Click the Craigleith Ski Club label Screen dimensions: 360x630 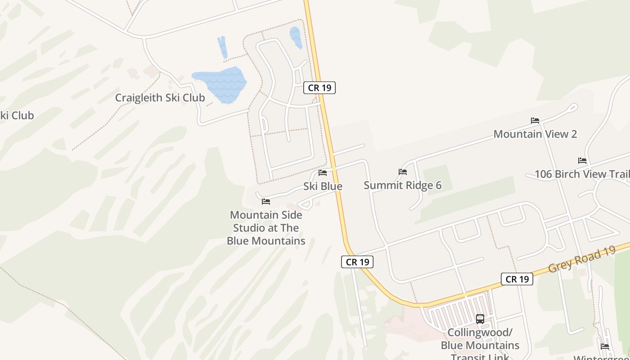click(160, 98)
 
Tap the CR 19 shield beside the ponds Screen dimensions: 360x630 click(319, 88)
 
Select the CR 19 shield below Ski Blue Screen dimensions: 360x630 click(357, 261)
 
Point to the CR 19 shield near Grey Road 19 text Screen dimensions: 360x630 click(517, 279)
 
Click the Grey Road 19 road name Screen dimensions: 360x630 click(581, 260)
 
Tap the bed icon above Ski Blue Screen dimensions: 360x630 click(323, 173)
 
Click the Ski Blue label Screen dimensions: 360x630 click(323, 186)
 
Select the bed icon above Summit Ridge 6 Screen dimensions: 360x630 click(403, 172)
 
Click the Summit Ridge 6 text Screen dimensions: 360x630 click(402, 185)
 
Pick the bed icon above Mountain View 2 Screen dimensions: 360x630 click(535, 121)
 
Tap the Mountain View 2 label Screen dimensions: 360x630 click(535, 134)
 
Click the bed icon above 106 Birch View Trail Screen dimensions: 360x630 click(582, 161)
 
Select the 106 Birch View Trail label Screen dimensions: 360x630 click(581, 174)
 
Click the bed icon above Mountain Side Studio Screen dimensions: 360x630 click(266, 202)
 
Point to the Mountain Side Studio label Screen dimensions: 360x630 click(266, 228)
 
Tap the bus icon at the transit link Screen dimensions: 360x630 click(480, 319)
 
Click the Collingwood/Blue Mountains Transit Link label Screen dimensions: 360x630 click(480, 345)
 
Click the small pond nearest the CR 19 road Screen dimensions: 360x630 click(296, 37)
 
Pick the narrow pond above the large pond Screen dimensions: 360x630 click(222, 47)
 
